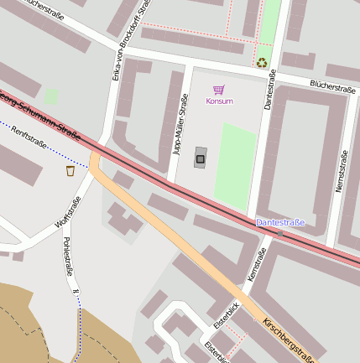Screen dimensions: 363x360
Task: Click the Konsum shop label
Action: coord(219,101)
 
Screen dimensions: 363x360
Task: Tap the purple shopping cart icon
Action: coord(219,90)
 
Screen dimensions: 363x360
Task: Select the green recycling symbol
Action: coord(262,61)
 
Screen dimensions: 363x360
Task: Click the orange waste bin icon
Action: coord(70,171)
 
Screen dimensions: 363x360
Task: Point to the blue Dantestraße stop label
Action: coord(280,222)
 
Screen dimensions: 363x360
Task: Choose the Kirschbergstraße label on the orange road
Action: coord(289,340)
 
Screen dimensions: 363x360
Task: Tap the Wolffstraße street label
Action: coord(60,212)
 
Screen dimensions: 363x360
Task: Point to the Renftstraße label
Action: coord(29,142)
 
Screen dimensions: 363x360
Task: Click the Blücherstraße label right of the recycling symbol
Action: coord(334,85)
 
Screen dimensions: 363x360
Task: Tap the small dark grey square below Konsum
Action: coord(200,157)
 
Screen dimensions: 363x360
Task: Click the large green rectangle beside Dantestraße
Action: coord(235,166)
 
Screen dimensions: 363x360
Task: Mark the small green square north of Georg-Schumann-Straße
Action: coord(51,96)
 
